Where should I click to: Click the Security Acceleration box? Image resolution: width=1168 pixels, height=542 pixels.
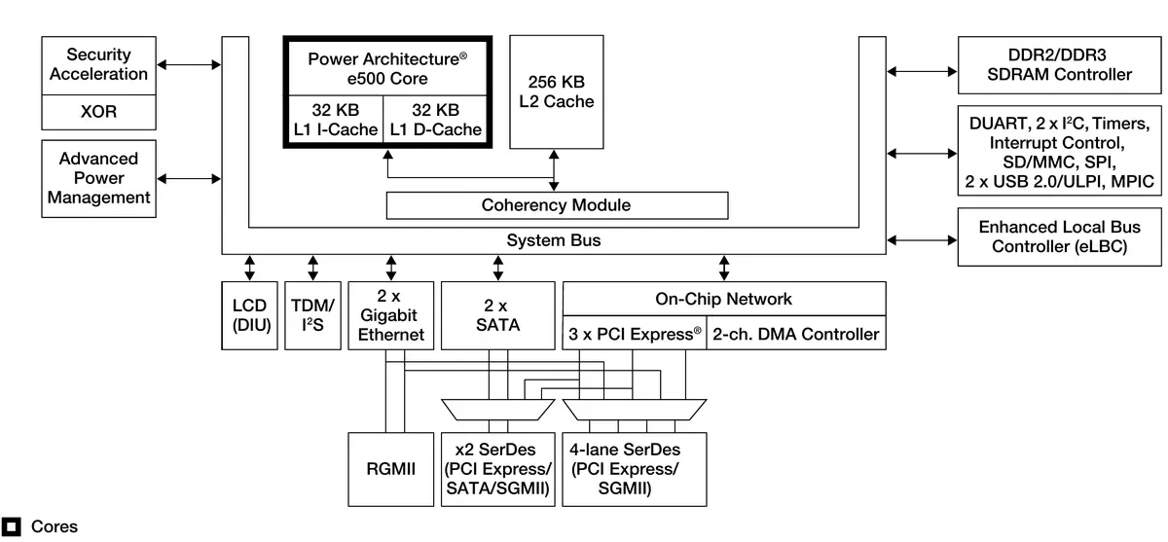click(x=99, y=64)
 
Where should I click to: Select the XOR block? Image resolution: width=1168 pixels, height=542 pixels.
click(x=99, y=112)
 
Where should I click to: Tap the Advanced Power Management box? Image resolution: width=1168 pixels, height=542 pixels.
click(x=99, y=178)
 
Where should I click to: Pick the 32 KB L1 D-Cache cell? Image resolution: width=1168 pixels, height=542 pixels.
click(x=435, y=120)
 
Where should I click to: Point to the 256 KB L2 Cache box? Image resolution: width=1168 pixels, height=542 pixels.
click(x=555, y=92)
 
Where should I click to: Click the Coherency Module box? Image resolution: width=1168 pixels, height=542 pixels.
click(x=557, y=205)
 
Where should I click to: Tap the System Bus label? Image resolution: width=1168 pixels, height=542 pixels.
click(x=554, y=240)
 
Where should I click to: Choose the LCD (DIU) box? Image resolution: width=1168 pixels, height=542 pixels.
click(x=250, y=316)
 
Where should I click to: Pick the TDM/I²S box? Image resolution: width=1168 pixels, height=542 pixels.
click(x=312, y=316)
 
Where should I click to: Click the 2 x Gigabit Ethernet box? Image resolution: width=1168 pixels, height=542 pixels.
click(x=391, y=316)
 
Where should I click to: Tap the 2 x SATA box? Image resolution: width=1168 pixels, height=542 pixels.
click(x=498, y=316)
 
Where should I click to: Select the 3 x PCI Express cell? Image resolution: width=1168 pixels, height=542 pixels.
click(x=635, y=335)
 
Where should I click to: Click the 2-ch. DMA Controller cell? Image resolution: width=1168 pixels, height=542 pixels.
click(x=796, y=335)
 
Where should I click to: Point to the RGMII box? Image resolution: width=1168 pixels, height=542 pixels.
click(x=391, y=469)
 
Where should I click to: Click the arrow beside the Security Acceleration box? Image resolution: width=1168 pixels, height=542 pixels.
click(x=189, y=64)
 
